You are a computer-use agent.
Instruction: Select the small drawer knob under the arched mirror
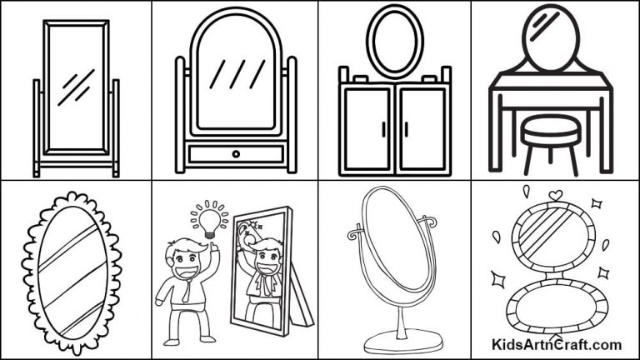(236, 153)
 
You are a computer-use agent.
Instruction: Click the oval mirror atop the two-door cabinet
(394, 41)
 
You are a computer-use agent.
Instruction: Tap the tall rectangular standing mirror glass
(76, 87)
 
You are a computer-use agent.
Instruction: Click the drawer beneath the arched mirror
(236, 153)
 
